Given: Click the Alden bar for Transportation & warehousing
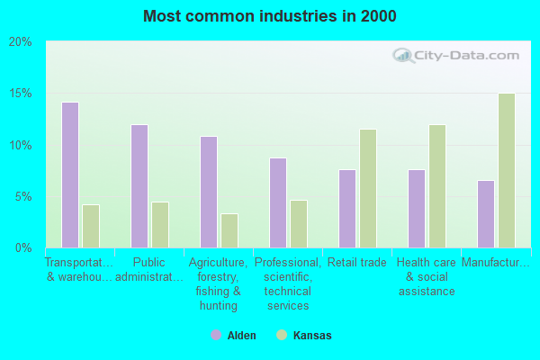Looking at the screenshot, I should pos(69,175).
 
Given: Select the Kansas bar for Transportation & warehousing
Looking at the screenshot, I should pos(91,226).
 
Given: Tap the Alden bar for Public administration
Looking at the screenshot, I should pos(139,185).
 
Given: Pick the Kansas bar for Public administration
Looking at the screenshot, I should pos(160,224).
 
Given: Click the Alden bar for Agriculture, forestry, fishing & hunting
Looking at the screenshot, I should pos(208,192).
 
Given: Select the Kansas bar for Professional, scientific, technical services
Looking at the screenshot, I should pos(299,223).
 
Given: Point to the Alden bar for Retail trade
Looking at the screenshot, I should pos(346,208).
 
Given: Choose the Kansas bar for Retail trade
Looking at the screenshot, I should pos(368,188).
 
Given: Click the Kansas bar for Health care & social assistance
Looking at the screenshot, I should pos(437,185).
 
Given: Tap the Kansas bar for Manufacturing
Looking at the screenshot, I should pos(507,170).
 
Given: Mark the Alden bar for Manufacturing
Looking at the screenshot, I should pos(485,213).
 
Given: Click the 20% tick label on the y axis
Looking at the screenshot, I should pos(21,42).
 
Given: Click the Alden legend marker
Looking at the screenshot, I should pos(216,335).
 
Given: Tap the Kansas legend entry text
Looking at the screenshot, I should pos(312,336).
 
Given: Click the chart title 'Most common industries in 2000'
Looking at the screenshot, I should pos(269,16).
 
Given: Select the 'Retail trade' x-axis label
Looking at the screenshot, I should pos(357,263).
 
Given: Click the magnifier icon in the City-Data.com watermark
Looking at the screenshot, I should pos(403,56).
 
